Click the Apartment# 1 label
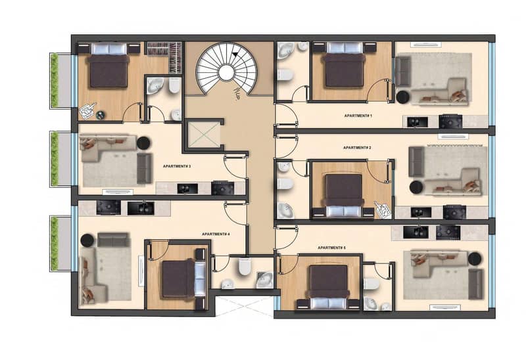coord(358,116)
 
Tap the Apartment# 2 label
coord(357,148)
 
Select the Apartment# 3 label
coord(177,166)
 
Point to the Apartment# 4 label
coord(216,234)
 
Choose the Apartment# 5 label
coord(331,248)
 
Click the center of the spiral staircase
coord(226,72)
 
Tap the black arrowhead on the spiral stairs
coord(235,54)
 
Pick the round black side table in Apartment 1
coord(402,97)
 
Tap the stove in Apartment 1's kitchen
coord(450,122)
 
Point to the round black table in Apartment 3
coord(143,143)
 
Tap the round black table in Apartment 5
coord(474,259)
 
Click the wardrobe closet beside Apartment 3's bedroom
coord(165,57)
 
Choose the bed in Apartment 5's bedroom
coord(329,286)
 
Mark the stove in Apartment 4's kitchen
coord(108,208)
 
